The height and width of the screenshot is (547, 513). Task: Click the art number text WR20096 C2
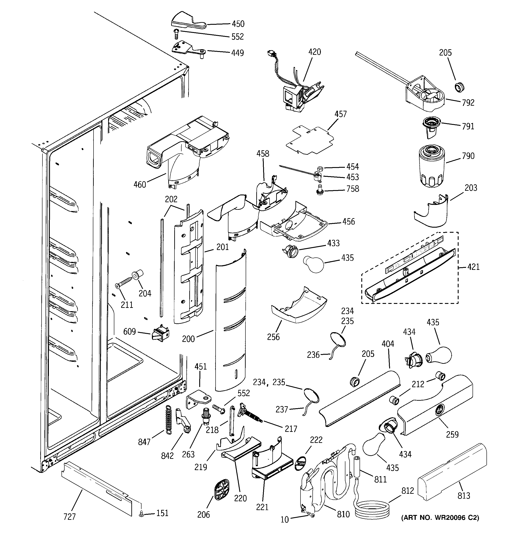440,518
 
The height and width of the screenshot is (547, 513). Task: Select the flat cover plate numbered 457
310,140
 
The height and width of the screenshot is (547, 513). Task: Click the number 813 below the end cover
464,496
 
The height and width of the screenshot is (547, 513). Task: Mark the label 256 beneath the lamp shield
273,337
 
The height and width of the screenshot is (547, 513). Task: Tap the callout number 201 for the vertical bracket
222,247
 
